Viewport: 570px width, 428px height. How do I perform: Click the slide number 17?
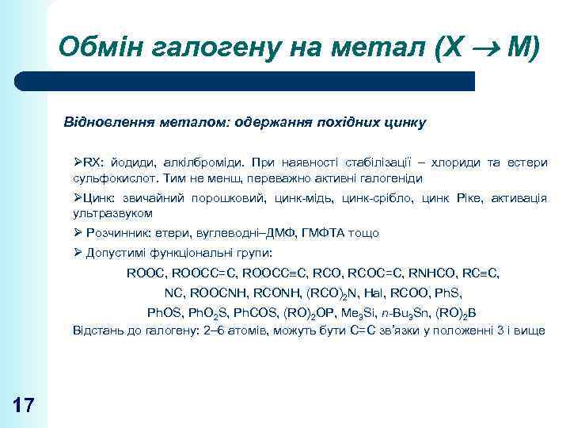coord(24,406)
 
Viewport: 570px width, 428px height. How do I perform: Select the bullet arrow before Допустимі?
coord(78,253)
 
